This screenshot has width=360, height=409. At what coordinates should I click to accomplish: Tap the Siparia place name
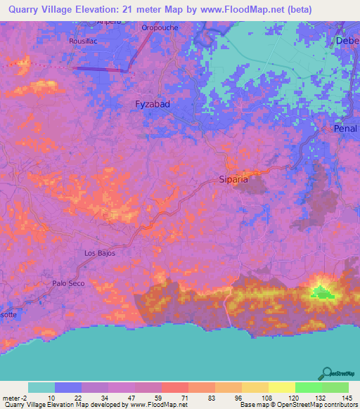233,179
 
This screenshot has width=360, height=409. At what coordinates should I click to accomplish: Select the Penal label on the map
346,129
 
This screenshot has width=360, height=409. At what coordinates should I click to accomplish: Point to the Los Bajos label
99,253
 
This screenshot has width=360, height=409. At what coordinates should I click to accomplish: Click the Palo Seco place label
68,283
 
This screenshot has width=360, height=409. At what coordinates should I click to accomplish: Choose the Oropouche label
160,27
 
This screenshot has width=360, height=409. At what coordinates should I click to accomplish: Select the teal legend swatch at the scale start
41,387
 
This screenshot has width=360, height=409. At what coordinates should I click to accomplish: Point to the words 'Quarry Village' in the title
39,9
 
